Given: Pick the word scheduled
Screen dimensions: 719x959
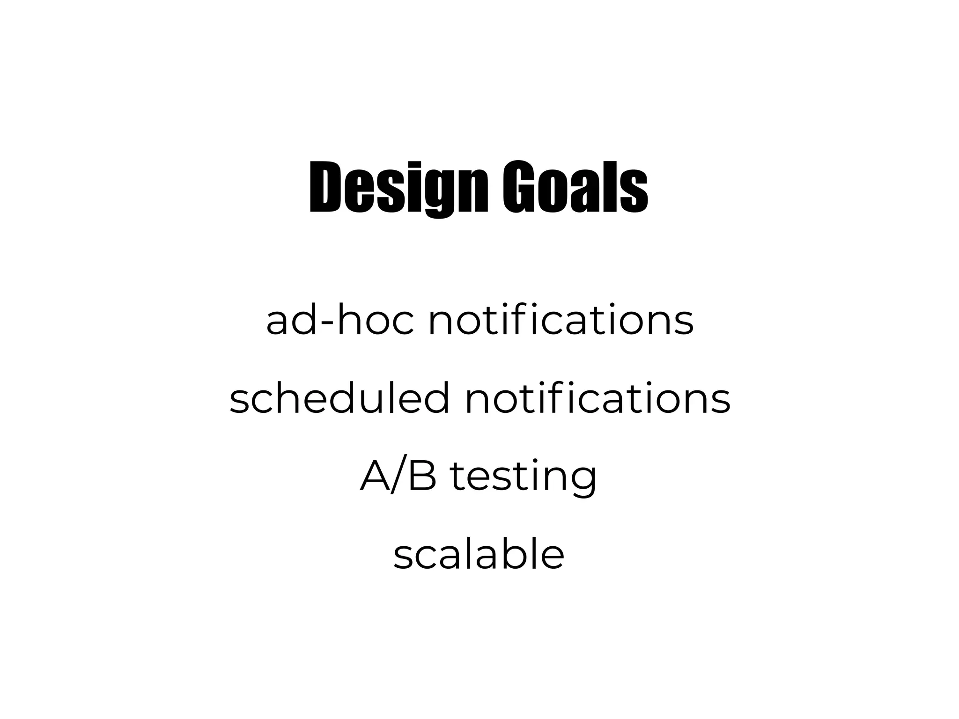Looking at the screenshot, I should click(x=339, y=399).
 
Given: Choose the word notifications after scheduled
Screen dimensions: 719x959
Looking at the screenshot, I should click(x=598, y=399).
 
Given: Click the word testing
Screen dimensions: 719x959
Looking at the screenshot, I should click(x=523, y=477).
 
